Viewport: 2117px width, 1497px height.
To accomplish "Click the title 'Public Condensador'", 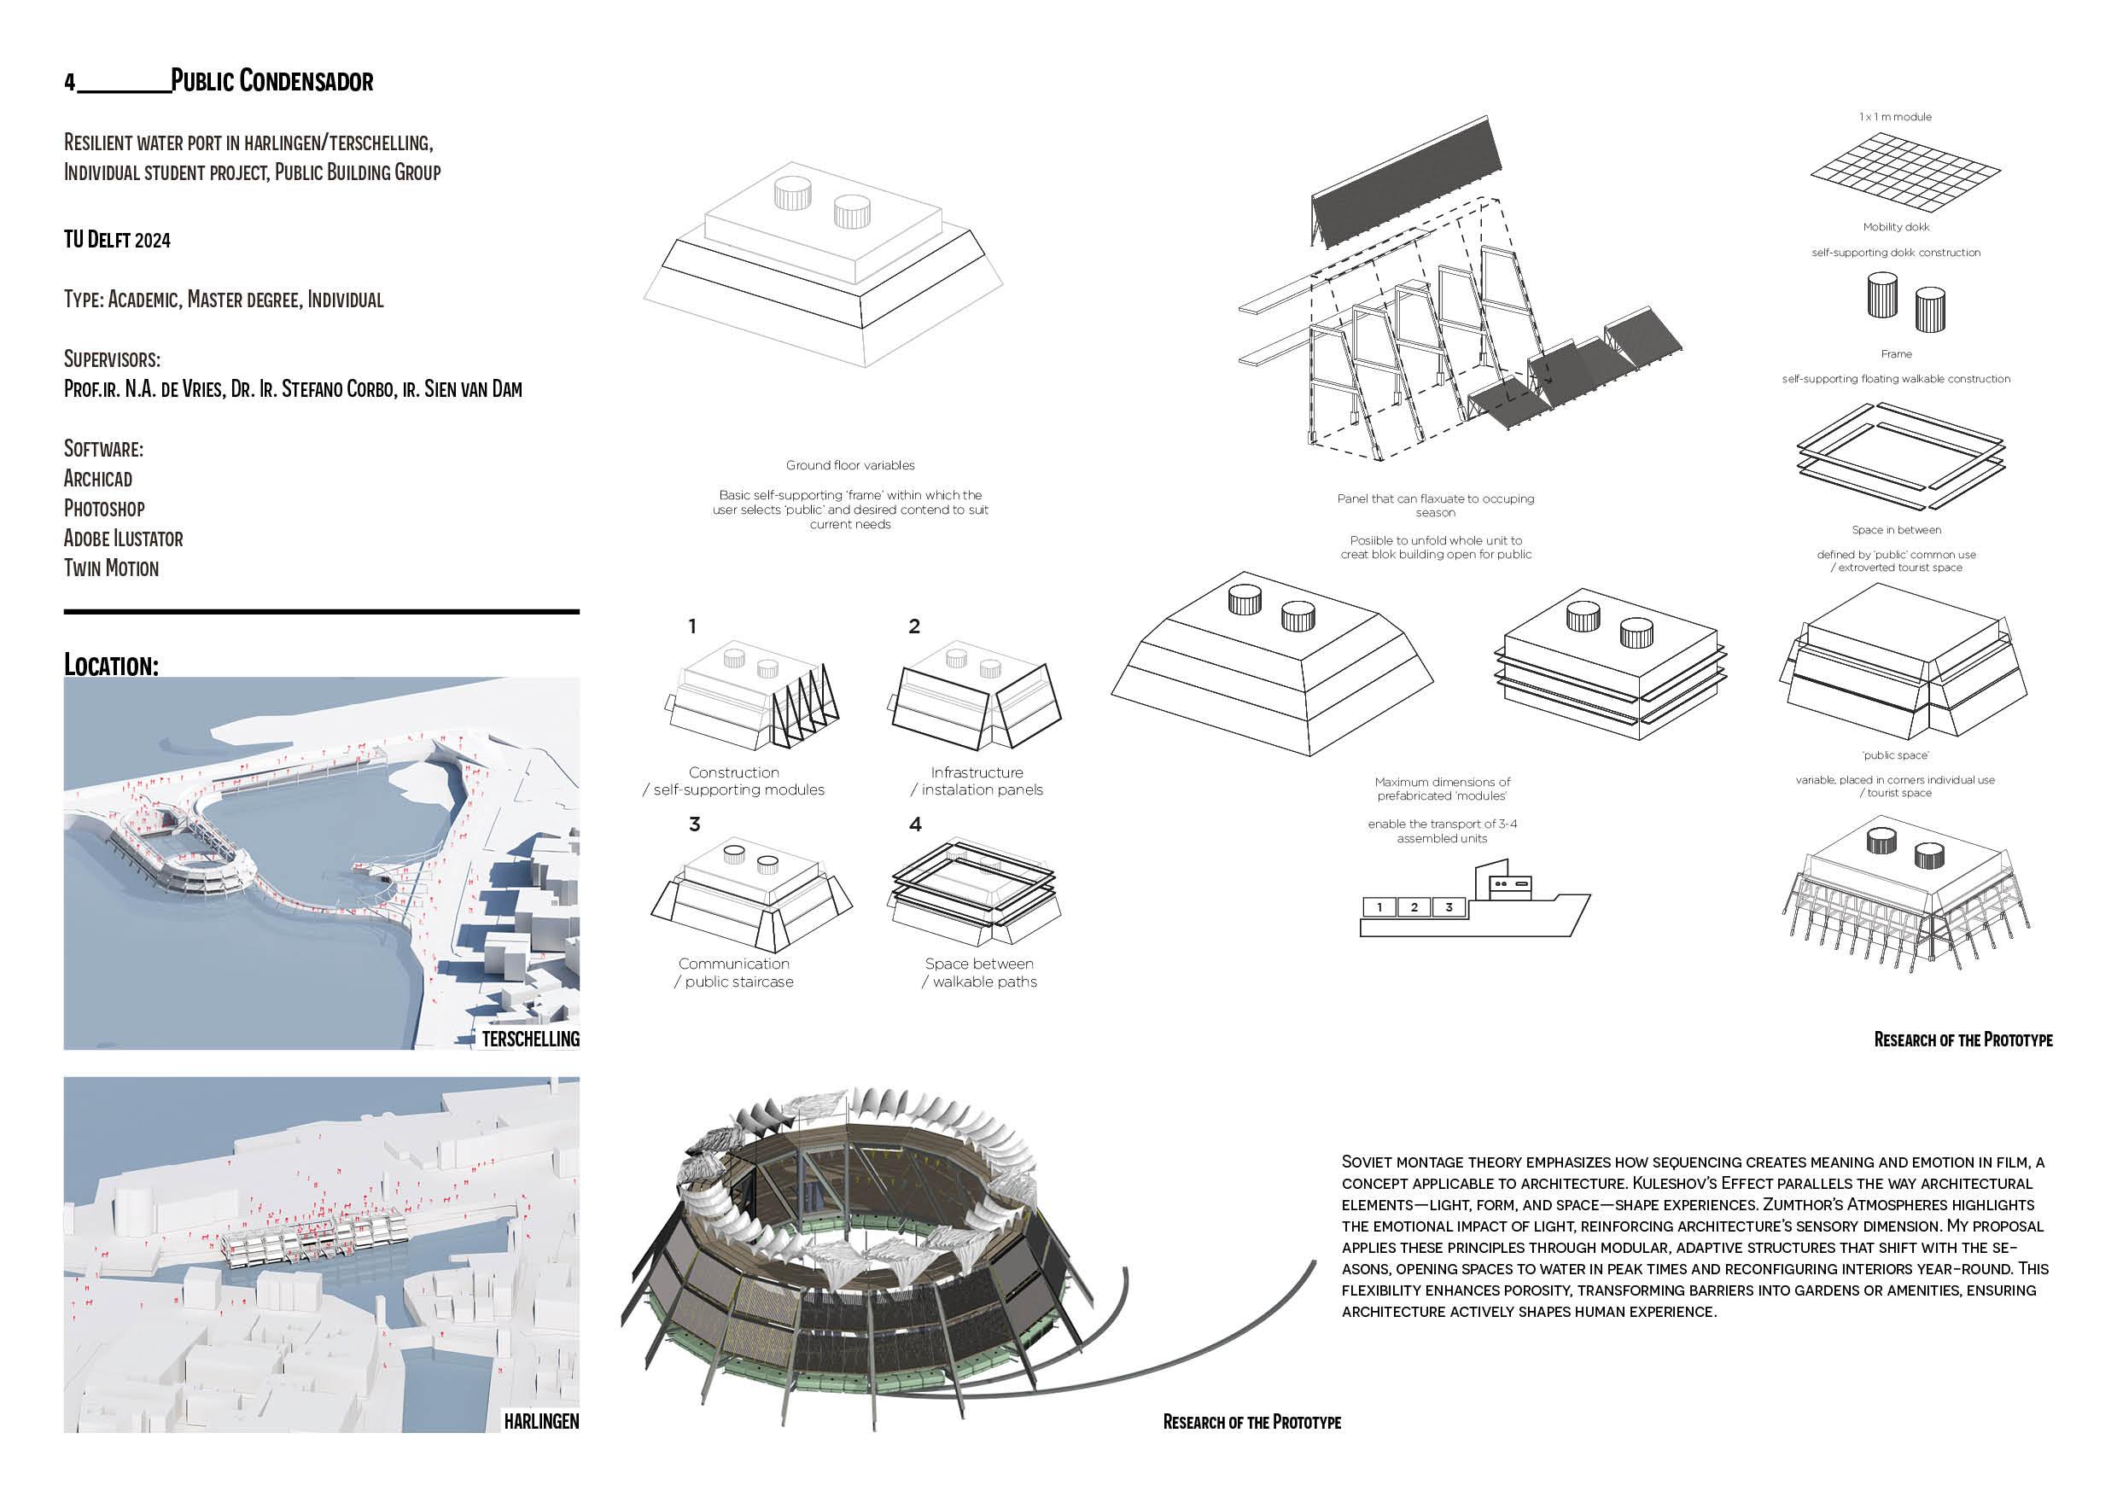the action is pos(272,81).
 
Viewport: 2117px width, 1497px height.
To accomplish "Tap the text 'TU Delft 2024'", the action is pos(117,240).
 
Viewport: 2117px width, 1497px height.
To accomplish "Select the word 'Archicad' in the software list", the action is pos(97,479).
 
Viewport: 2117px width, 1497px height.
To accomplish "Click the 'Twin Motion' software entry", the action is pos(111,568).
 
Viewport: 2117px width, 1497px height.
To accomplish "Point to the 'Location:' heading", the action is pos(111,665).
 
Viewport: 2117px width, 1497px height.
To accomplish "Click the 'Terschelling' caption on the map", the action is pos(530,1039).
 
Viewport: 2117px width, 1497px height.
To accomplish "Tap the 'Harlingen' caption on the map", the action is pos(541,1420).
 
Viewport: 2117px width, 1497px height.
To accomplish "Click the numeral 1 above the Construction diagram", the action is pos(692,626).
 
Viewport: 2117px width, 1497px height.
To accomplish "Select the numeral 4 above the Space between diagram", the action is pos(914,824).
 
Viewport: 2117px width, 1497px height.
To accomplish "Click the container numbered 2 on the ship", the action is pos(1414,907).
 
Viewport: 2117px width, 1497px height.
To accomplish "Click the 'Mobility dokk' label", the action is pos(1895,227).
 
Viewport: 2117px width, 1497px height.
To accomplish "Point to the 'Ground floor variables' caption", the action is pos(850,465).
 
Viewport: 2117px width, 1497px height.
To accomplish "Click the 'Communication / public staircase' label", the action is pos(734,972).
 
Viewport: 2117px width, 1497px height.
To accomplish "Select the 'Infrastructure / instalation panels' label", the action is pos(977,781).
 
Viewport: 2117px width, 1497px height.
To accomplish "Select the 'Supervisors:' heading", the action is pos(112,358).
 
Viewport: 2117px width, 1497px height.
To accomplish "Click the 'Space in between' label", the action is pos(1896,530).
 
